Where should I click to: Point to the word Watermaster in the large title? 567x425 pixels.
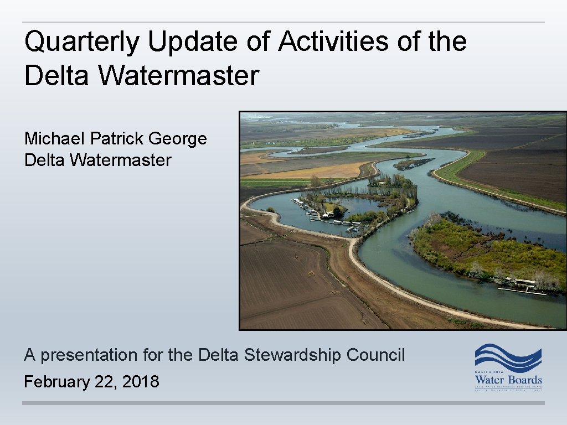[x=178, y=76]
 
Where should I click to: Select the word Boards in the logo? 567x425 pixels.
[x=524, y=381]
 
